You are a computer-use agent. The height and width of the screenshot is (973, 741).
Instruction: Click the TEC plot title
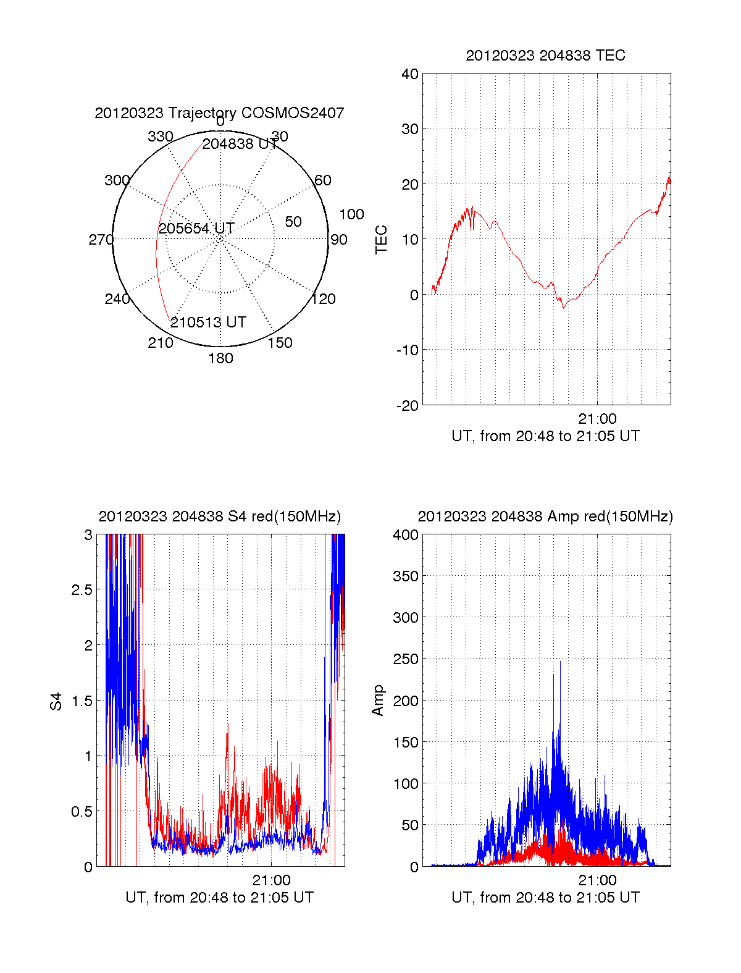click(545, 56)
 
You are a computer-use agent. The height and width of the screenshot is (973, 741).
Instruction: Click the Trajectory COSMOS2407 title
click(219, 113)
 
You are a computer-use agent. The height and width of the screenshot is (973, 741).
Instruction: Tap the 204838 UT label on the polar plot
click(240, 144)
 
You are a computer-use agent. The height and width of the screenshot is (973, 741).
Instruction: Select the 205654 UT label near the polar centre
click(196, 229)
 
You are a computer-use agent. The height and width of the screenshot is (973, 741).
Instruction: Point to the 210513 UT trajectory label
click(208, 322)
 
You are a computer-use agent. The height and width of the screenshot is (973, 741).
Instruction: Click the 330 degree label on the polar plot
click(160, 137)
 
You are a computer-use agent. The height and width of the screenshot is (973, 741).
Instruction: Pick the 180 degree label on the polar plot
click(220, 358)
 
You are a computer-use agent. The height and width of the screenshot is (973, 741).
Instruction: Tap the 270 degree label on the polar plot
click(101, 240)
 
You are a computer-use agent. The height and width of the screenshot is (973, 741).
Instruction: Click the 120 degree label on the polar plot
click(324, 300)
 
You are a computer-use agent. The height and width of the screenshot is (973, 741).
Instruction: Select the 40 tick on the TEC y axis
click(410, 74)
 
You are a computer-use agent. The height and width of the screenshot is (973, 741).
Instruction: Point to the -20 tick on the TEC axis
click(408, 406)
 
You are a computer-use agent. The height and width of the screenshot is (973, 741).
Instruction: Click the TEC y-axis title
click(382, 240)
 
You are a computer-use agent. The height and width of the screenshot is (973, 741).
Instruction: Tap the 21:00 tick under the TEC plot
click(597, 419)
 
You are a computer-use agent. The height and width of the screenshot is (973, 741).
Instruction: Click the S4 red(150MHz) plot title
click(219, 516)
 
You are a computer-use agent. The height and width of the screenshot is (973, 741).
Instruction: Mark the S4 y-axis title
click(56, 701)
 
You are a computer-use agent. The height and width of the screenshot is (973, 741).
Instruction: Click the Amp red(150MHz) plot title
click(545, 516)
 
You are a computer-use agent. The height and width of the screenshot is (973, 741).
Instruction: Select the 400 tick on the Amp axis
click(406, 535)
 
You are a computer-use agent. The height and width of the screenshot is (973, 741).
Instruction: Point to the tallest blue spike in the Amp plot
click(561, 662)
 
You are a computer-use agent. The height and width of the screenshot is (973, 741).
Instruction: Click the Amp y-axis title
click(378, 701)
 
